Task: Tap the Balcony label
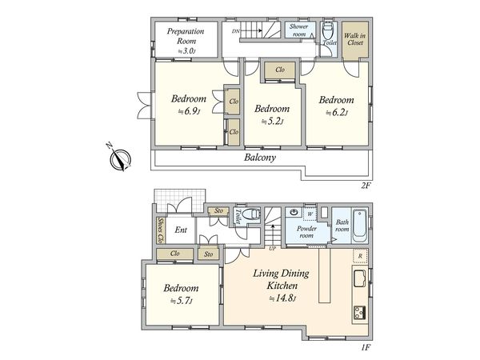click(260, 158)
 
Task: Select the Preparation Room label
click(186, 36)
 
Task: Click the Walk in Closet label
click(354, 39)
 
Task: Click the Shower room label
click(298, 30)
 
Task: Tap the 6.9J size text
click(190, 111)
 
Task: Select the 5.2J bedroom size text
click(272, 122)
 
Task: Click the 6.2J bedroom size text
click(337, 113)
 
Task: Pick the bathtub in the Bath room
click(360, 226)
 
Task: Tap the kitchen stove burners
click(360, 313)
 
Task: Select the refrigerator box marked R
click(360, 256)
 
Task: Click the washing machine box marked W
click(310, 214)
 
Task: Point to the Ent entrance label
click(181, 230)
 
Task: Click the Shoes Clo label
click(160, 230)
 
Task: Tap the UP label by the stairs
click(272, 249)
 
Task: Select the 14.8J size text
click(282, 298)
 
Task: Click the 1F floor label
click(366, 347)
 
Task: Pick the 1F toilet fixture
click(251, 214)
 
